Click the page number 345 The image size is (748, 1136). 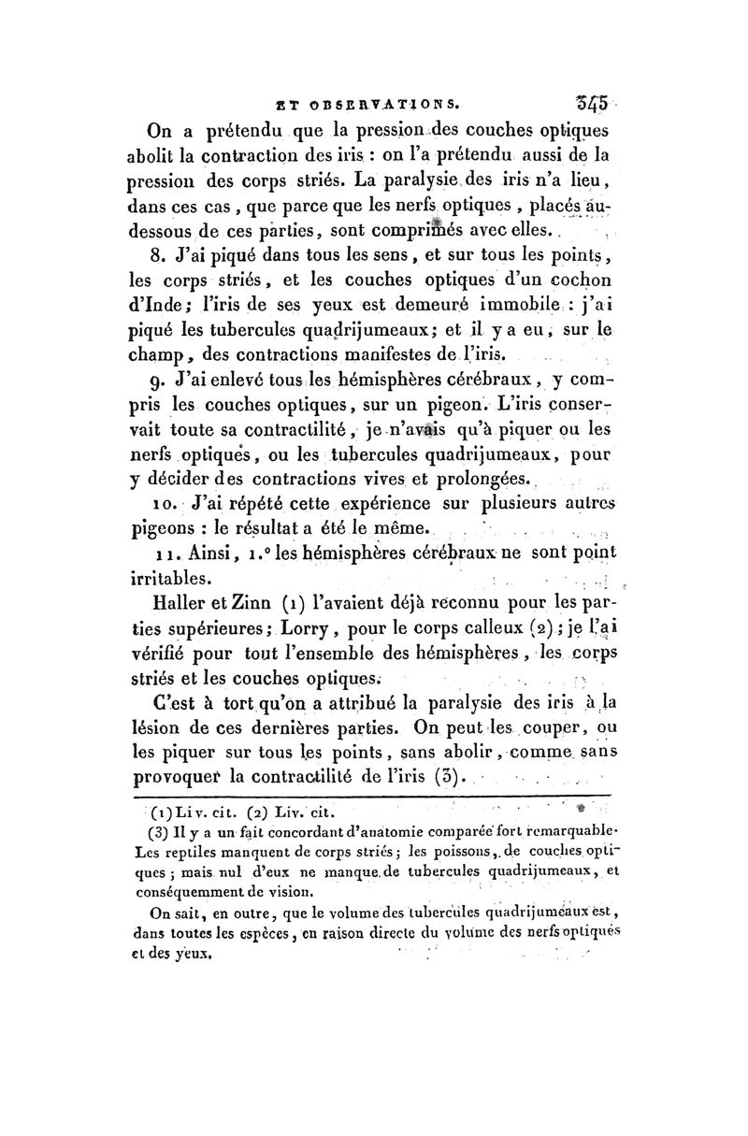pos(593,100)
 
